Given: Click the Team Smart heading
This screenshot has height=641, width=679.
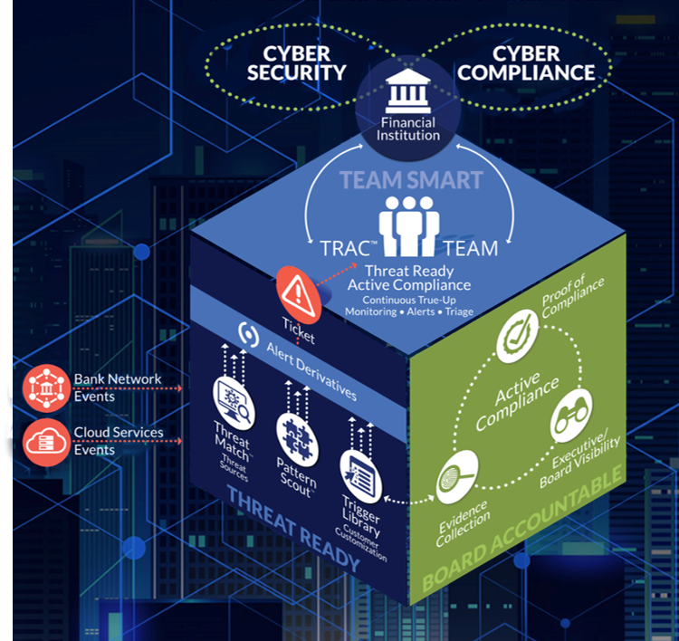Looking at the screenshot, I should pos(410,179).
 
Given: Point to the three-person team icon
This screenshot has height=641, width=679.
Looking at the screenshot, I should pos(409,223).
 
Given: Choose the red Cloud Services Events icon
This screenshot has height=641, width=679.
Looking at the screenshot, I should pos(45,438).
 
